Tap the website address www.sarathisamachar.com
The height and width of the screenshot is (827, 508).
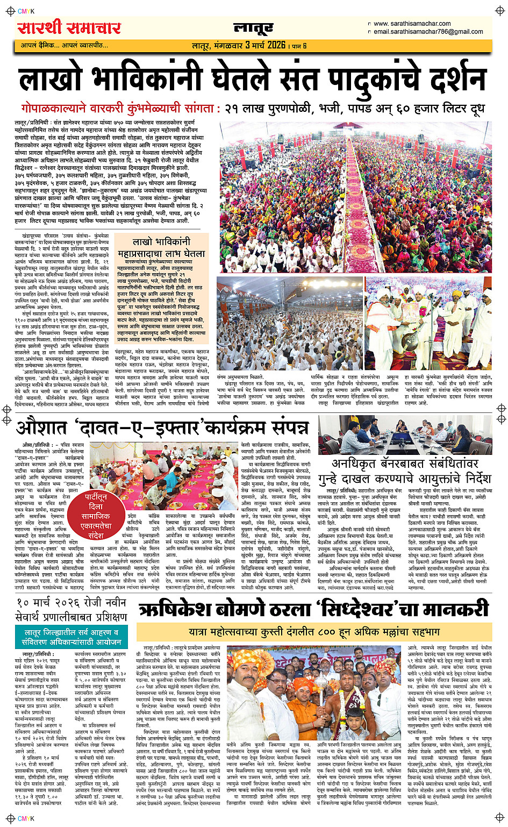[412, 24]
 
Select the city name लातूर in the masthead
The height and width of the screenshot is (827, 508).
[253, 28]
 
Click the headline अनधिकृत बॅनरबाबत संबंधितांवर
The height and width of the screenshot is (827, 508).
[404, 464]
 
